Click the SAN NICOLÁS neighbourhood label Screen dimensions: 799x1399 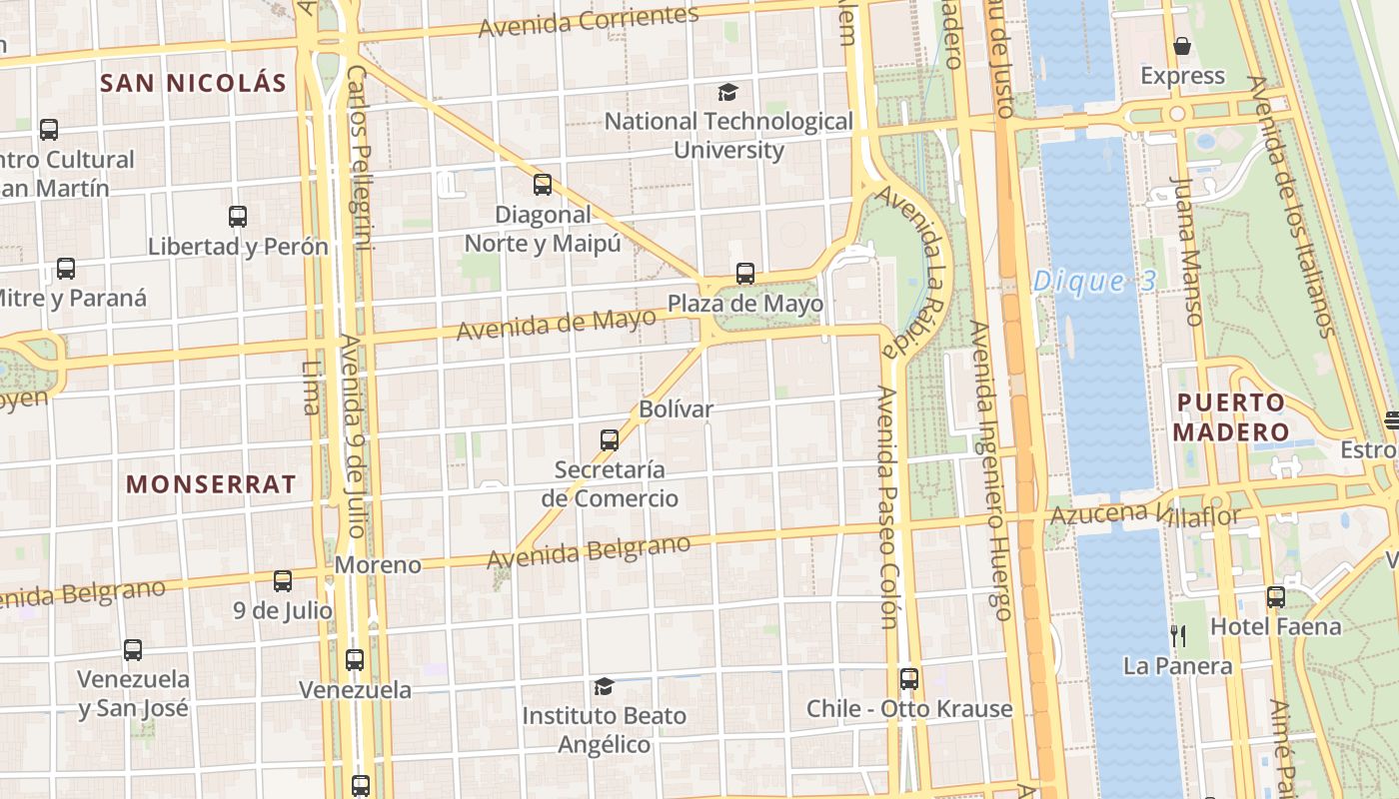click(193, 83)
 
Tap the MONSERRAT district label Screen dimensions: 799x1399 click(211, 484)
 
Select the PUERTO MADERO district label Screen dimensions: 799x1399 click(1230, 417)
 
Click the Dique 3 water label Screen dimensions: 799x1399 click(1094, 282)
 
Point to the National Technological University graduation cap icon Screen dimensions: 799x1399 click(728, 93)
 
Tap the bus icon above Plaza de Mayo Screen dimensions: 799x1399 click(745, 274)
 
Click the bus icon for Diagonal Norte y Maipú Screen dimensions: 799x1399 click(543, 185)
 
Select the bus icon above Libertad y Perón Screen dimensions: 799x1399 click(238, 217)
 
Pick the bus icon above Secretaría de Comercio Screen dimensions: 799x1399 click(610, 440)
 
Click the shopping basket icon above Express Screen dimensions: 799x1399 click(1182, 46)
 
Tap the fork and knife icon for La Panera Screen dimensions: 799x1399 click(1178, 635)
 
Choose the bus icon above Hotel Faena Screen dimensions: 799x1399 click(1276, 597)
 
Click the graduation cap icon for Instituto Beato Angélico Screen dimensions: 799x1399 click(604, 687)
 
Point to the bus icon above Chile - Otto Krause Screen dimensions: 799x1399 click(909, 679)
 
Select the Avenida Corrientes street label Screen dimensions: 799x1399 click(589, 21)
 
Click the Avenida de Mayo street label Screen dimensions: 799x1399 click(557, 324)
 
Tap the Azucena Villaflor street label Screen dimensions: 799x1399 click(1145, 515)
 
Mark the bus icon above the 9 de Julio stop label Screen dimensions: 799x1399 click(283, 581)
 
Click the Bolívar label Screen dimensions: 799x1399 click(677, 408)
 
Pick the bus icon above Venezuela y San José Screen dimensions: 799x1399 click(133, 650)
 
